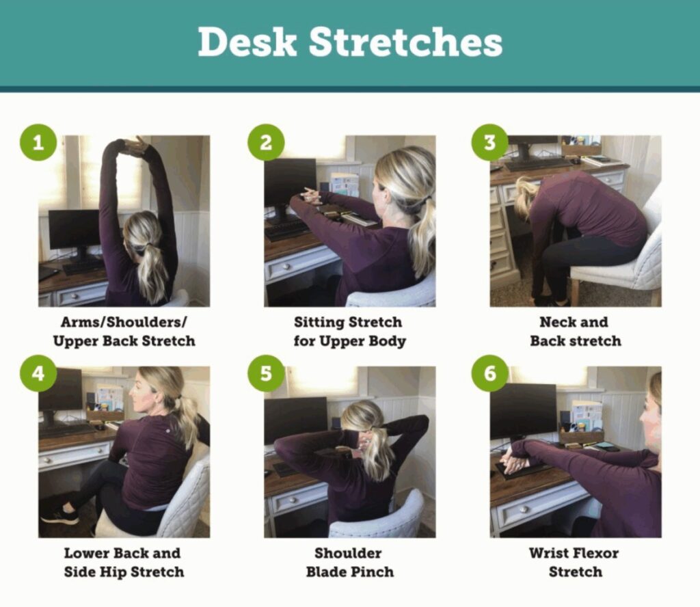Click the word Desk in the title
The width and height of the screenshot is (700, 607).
[x=247, y=42]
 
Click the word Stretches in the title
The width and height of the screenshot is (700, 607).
[x=406, y=42]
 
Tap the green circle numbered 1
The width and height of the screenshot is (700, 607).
[x=38, y=142]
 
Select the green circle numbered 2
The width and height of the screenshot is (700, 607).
[x=266, y=142]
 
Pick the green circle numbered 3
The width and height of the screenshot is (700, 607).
[x=490, y=142]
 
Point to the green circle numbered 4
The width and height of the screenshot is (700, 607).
[x=38, y=373]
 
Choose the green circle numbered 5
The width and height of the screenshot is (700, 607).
[x=266, y=373]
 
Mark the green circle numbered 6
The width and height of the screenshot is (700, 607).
[x=490, y=373]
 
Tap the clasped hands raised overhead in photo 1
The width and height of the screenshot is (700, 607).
[x=134, y=146]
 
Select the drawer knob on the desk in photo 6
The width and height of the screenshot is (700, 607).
[x=523, y=509]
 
